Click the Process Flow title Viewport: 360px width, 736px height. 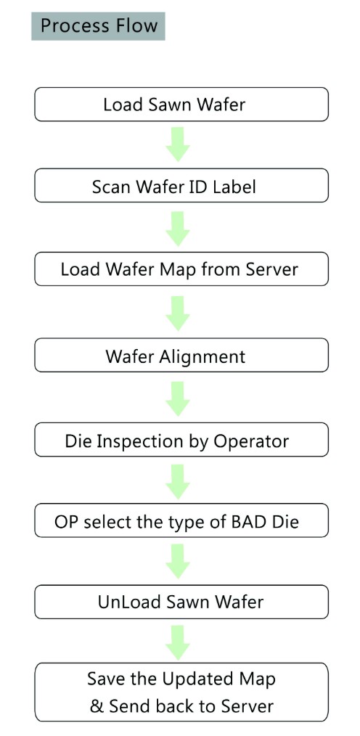(98, 26)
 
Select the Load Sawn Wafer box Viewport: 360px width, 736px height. (181, 105)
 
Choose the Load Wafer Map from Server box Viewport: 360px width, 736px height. (181, 269)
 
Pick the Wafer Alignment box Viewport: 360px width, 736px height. (181, 356)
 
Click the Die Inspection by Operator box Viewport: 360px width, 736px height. (181, 440)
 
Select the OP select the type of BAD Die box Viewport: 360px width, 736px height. (181, 520)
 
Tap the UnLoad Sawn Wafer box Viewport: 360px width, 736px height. (181, 602)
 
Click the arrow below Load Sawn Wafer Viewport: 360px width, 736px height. (178, 144)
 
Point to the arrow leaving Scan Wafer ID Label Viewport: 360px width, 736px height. (178, 229)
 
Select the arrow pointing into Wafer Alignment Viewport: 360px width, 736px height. (178, 314)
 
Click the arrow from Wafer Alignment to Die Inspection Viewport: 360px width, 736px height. (178, 398)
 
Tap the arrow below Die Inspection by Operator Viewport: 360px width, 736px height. (178, 481)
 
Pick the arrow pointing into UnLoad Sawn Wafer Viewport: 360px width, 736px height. (178, 562)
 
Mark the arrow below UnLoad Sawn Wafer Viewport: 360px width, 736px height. (178, 643)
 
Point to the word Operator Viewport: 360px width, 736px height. (251, 442)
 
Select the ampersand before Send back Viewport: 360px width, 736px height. (97, 706)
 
